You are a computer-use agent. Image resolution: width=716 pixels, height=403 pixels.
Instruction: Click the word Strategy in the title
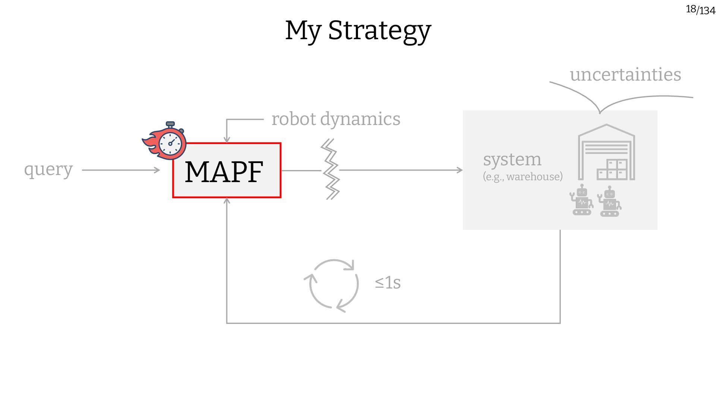(379, 31)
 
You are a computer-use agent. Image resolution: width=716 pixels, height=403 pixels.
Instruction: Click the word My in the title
(303, 31)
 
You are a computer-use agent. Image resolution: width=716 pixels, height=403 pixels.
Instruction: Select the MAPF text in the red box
(224, 172)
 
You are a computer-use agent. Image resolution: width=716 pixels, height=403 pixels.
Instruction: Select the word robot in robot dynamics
(294, 119)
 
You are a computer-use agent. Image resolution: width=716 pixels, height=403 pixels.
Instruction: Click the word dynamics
(360, 119)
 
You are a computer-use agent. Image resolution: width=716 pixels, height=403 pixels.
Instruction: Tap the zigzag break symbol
(330, 169)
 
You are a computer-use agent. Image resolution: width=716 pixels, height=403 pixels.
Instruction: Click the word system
(512, 159)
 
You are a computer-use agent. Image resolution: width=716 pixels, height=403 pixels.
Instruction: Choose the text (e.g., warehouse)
(522, 176)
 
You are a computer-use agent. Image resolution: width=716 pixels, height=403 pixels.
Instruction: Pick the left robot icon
(581, 200)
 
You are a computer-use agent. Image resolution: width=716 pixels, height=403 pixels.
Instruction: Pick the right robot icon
(609, 202)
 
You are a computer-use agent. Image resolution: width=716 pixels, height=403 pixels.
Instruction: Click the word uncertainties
(625, 74)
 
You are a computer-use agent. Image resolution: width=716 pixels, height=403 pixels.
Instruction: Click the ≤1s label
(388, 283)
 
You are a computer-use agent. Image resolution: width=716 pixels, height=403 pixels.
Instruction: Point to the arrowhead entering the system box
(459, 170)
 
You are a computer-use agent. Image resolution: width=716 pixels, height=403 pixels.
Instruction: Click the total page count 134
(707, 11)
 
